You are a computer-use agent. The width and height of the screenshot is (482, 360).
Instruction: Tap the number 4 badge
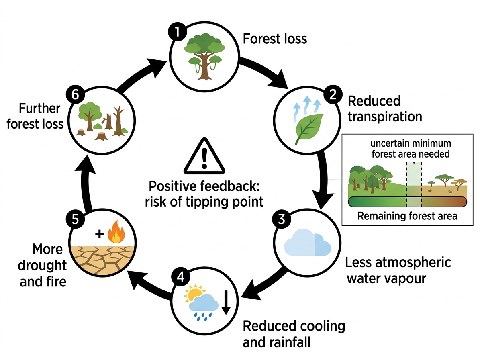180,277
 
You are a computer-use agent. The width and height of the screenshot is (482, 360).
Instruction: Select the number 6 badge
76,95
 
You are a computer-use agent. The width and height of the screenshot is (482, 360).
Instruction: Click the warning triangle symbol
204,156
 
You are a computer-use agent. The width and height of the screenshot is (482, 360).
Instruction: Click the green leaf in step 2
309,129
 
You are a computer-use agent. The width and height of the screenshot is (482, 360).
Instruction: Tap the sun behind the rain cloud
193,293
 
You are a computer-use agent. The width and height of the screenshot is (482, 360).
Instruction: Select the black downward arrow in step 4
226,303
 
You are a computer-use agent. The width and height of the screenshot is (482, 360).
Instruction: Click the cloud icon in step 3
307,242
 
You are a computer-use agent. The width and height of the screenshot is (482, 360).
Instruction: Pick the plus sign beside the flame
100,234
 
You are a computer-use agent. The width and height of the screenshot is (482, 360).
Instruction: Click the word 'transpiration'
385,117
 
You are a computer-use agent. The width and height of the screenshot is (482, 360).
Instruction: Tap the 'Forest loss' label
275,39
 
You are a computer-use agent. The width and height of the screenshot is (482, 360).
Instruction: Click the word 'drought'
42,265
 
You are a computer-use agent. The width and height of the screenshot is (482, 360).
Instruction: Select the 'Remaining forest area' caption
407,216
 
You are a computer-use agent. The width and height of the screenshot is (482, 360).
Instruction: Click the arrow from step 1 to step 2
263,70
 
